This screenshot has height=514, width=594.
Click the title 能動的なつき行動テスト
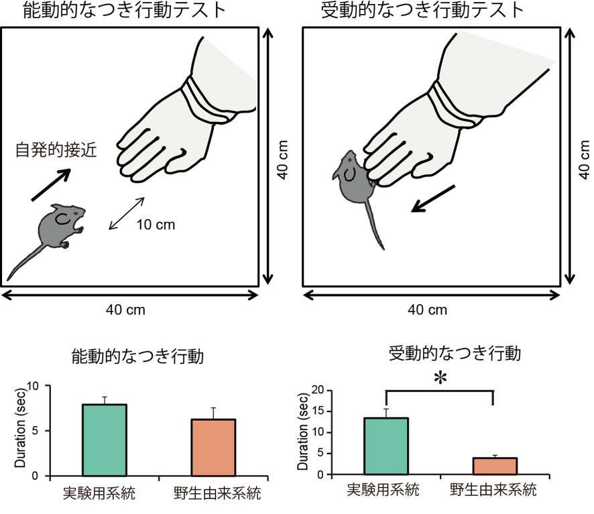point(125,10)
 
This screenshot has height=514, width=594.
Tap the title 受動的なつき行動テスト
point(422,10)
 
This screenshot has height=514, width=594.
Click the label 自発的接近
point(56,149)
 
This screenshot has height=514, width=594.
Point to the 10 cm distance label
point(156,224)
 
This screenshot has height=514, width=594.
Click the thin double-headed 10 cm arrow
point(127,213)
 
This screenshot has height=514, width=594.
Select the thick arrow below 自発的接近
point(51,184)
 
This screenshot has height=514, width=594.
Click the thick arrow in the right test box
point(432,198)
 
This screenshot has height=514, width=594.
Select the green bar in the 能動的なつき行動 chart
point(105,440)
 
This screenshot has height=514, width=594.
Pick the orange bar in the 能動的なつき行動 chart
point(213,448)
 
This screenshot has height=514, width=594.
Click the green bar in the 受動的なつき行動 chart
point(386,446)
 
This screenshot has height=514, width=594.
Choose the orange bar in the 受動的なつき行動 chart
point(495,466)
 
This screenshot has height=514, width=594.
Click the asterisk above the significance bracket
point(440,378)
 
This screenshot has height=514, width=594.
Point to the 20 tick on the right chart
point(318,390)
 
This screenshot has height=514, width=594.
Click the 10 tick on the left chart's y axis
point(33,386)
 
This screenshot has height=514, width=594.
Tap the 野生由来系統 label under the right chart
point(493,490)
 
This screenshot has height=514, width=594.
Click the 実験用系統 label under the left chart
point(99,493)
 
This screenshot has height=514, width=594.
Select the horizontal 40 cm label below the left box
point(125,310)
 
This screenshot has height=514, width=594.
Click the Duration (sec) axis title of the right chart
point(302,432)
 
